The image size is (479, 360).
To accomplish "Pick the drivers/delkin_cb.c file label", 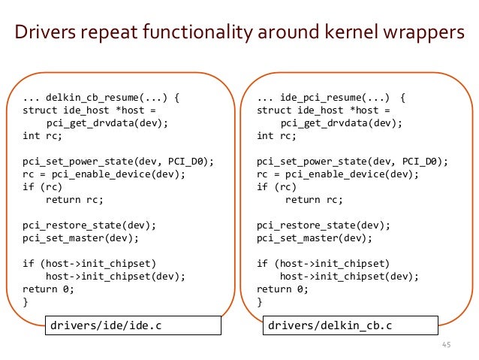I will click(x=351, y=325).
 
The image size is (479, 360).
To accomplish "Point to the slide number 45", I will click(x=445, y=345).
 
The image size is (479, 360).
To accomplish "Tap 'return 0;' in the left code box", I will click(x=49, y=289).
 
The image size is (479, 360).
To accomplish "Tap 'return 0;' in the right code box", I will click(x=282, y=289).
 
